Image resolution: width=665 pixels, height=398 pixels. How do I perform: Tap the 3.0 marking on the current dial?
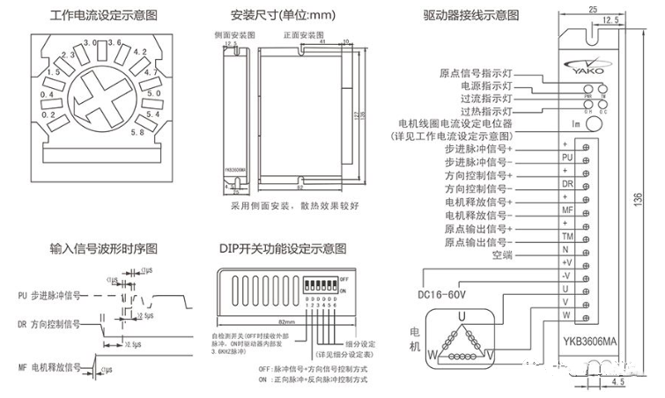(89, 43)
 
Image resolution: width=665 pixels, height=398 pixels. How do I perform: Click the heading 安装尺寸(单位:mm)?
(272, 16)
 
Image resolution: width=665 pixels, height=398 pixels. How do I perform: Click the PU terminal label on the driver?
(566, 156)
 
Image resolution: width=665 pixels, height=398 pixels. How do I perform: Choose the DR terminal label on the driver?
(566, 183)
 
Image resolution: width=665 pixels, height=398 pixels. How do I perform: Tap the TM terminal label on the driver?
(566, 236)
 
